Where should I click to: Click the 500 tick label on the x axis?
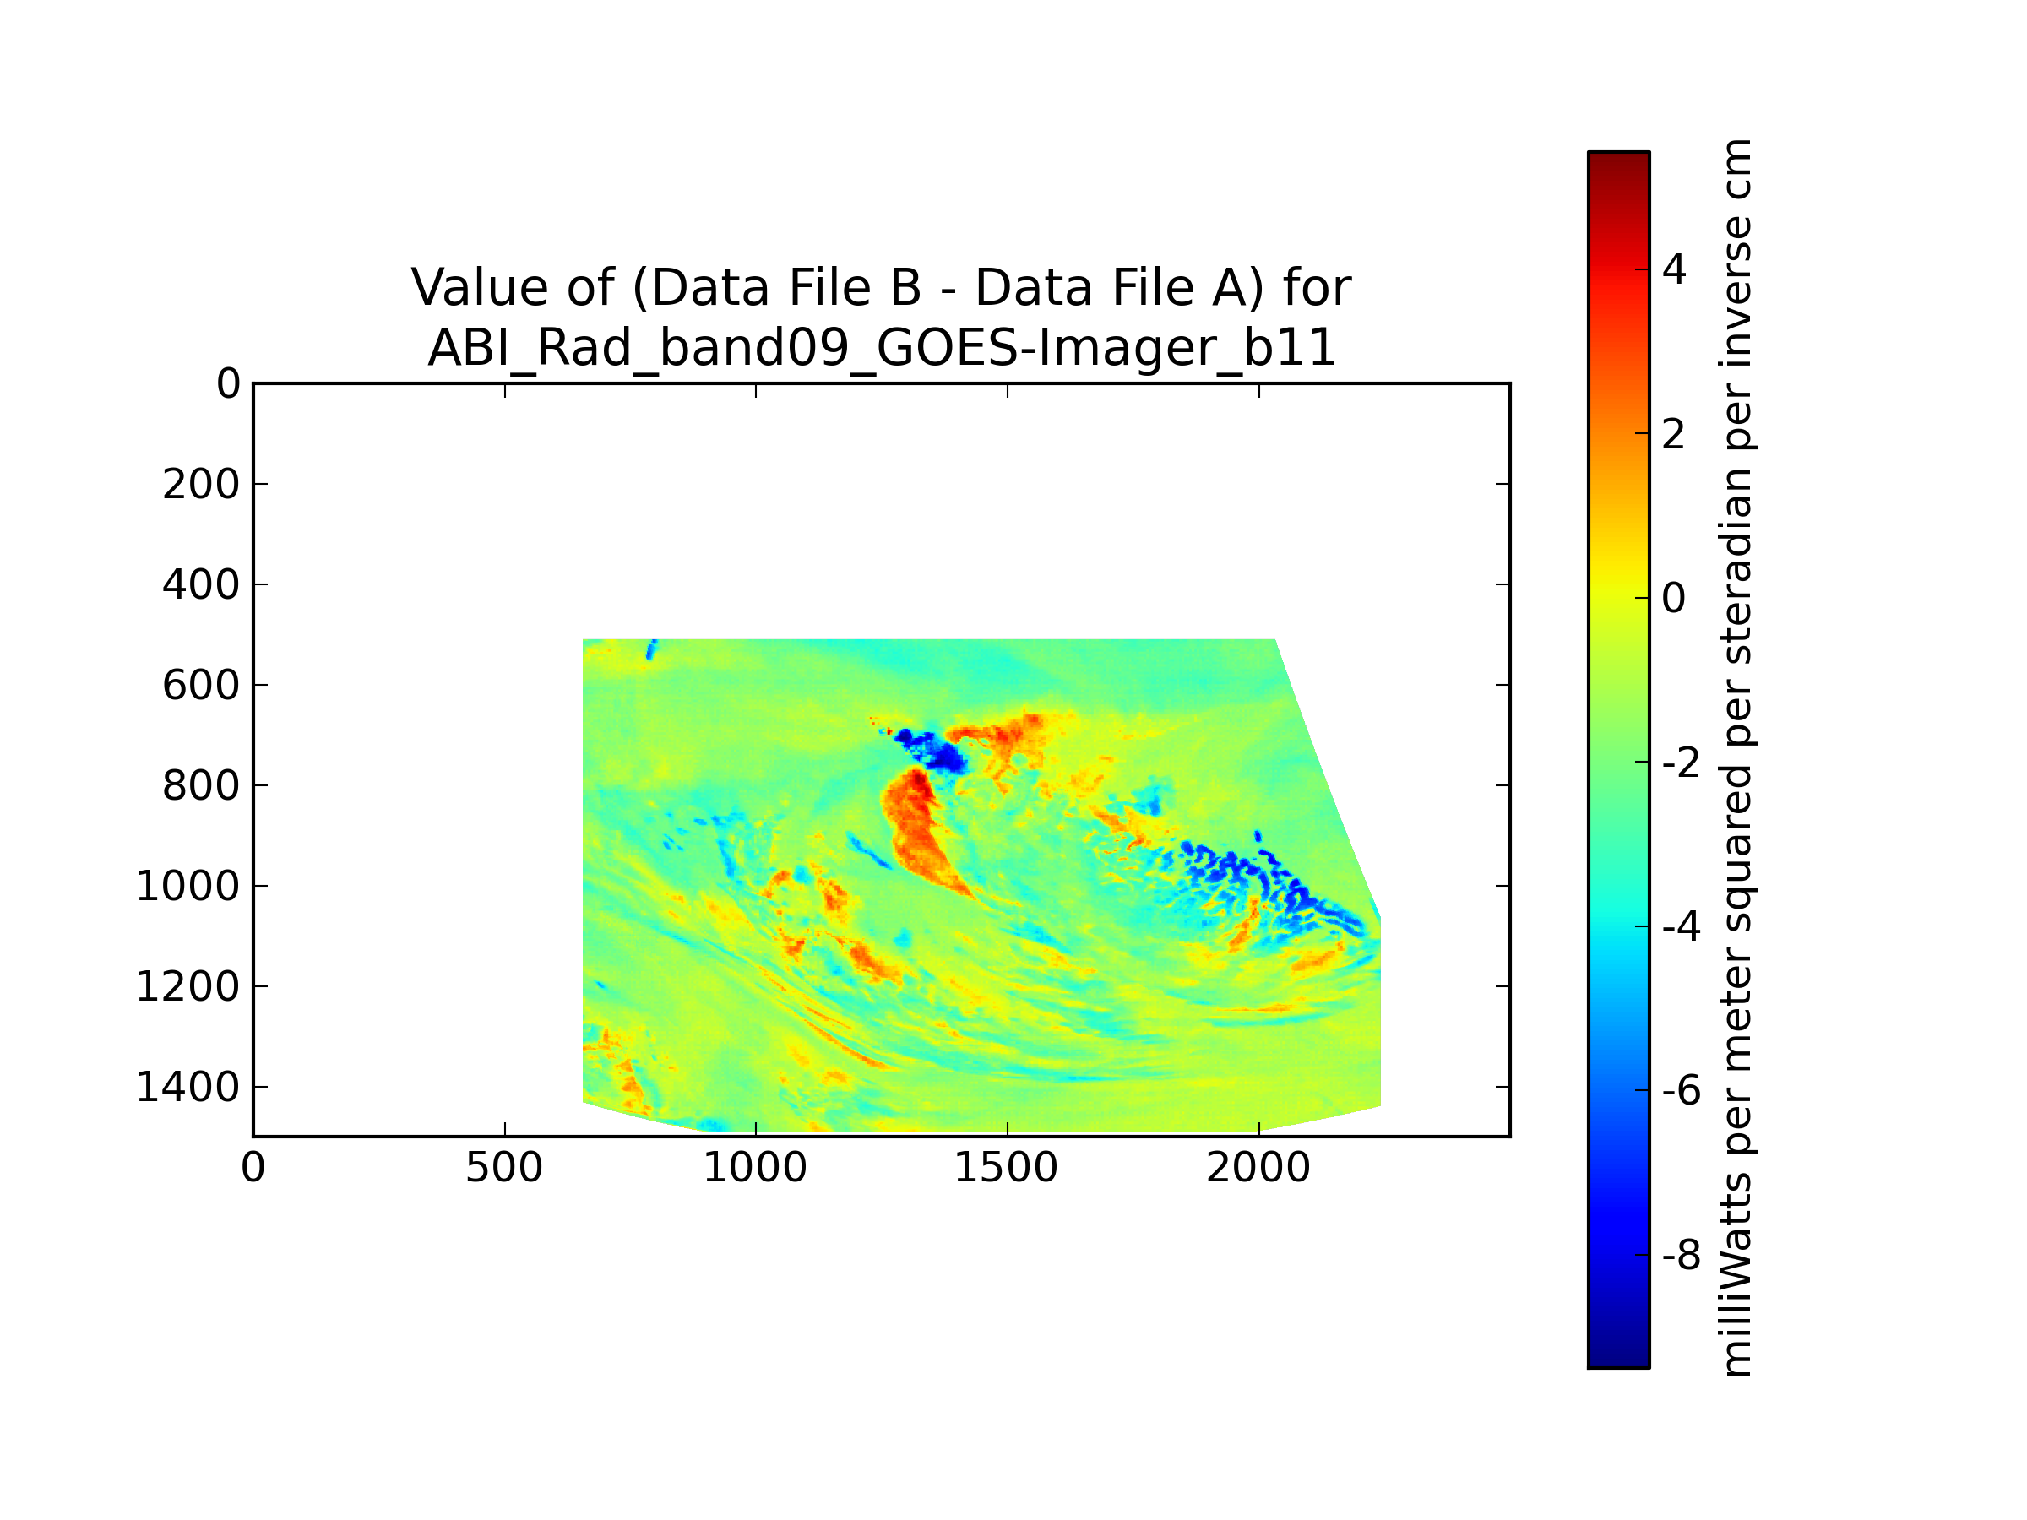click(504, 1168)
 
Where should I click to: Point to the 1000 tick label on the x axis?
click(755, 1168)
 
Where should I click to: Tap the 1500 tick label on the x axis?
click(1006, 1168)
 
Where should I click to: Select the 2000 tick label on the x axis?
click(1258, 1168)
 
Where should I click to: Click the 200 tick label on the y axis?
click(201, 485)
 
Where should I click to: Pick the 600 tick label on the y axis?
click(201, 686)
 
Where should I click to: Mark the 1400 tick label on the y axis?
click(187, 1088)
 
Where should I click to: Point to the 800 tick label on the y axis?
click(201, 786)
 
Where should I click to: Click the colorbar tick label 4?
click(1673, 270)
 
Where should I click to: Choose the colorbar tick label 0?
click(1673, 598)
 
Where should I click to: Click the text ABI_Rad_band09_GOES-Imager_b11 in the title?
click(882, 348)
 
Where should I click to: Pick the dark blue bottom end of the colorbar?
click(1618, 1357)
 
